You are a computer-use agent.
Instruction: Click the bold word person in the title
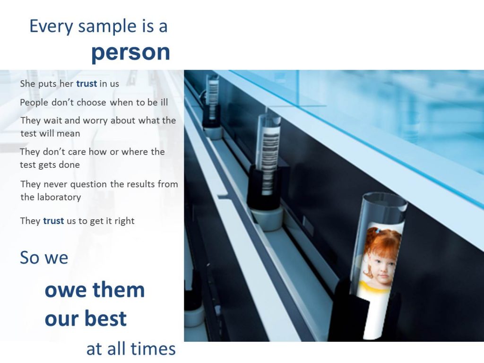tap(130, 53)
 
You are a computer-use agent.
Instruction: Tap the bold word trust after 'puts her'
tap(86, 84)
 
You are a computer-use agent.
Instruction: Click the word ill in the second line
tap(164, 102)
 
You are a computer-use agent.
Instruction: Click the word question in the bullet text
tap(88, 185)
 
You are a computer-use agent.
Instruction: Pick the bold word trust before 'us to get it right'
tap(53, 221)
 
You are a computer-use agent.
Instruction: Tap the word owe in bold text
tap(65, 291)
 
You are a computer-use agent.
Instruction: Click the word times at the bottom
tap(153, 349)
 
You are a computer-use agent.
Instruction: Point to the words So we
tap(44, 258)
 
